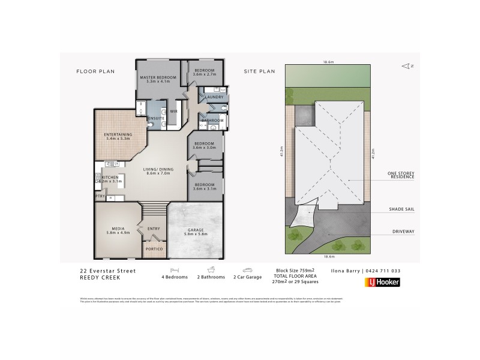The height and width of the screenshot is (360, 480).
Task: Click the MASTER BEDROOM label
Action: tap(158, 78)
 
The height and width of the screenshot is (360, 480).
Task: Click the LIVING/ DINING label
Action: tap(158, 170)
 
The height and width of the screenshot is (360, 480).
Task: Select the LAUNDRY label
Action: tap(214, 97)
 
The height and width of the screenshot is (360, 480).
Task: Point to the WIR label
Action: tap(174, 111)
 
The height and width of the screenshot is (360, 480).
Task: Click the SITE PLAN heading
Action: tap(259, 71)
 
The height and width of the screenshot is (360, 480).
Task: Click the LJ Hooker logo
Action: tap(383, 282)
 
